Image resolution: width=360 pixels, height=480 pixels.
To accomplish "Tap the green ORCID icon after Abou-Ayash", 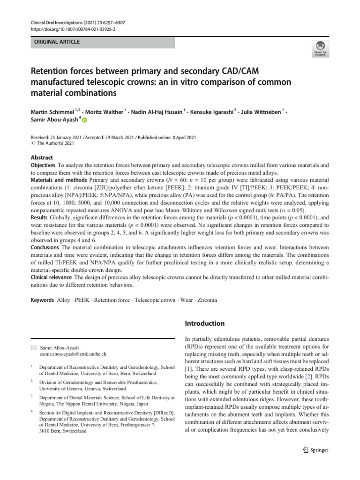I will tap(84, 120).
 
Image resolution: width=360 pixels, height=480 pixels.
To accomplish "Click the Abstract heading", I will tap(42, 157).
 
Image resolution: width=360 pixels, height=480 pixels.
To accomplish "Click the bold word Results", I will tap(40, 217).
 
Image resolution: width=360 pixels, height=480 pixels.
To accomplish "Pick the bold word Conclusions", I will tap(46, 247).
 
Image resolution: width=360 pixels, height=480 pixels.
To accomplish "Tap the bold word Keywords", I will tap(42, 300).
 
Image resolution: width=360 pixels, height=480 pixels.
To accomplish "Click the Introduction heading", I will tap(206, 323).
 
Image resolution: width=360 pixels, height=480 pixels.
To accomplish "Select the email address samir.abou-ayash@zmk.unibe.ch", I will tap(73, 355).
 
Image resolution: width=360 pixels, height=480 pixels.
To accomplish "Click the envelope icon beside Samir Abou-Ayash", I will tap(33, 348).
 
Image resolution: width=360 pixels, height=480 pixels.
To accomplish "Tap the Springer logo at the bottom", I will tap(315, 450).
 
